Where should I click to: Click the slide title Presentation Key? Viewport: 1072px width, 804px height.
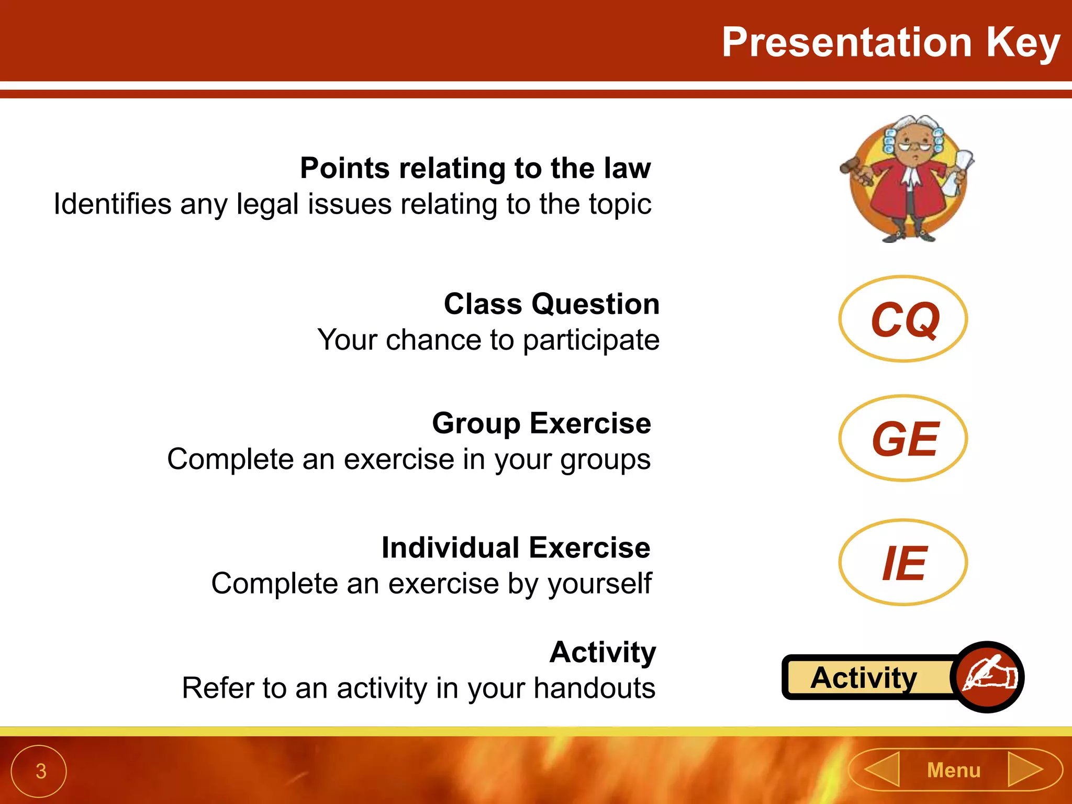click(x=891, y=43)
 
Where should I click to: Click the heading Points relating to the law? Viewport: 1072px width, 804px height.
click(x=475, y=169)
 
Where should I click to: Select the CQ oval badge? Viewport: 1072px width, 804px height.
click(x=903, y=319)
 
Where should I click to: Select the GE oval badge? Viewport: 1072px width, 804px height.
click(x=903, y=439)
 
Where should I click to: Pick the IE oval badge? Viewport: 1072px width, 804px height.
click(x=903, y=563)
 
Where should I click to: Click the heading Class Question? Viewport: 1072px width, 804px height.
click(x=552, y=304)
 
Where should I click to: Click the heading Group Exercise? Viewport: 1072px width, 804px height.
click(x=541, y=423)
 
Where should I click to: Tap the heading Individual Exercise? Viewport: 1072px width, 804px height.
click(x=516, y=548)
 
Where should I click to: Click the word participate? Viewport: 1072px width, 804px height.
click(x=591, y=341)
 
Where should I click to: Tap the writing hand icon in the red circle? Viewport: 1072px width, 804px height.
click(x=988, y=677)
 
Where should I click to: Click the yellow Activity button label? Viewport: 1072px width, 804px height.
click(x=864, y=678)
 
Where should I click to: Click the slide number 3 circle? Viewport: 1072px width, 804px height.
click(x=39, y=771)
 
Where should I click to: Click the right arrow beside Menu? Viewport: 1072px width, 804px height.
click(x=1024, y=769)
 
